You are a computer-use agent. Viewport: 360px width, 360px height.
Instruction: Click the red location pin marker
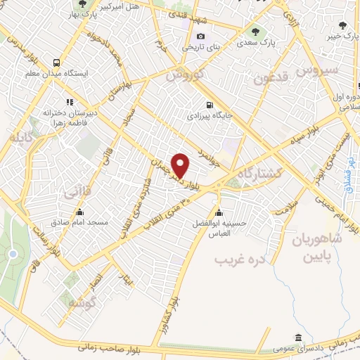[181, 165]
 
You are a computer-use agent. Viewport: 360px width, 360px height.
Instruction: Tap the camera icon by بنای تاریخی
[201, 37]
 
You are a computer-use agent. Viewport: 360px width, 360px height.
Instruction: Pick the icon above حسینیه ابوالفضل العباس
[219, 213]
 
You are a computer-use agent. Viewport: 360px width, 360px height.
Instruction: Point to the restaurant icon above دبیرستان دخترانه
[69, 101]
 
